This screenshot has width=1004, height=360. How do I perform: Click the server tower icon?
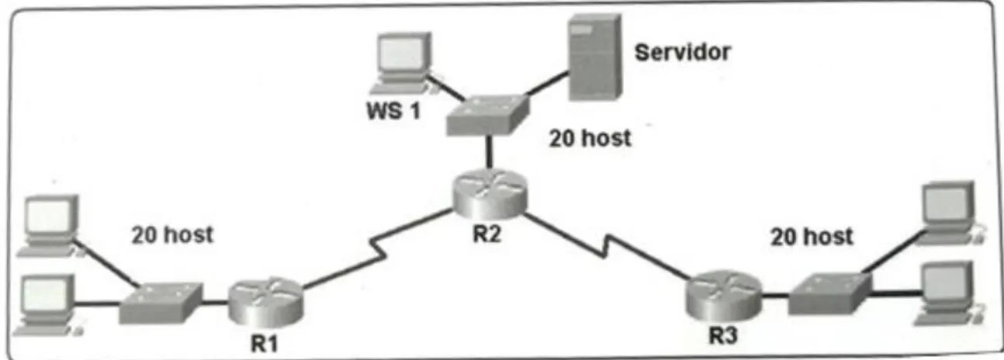pos(595,57)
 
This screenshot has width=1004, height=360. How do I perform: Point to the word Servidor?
pos(682,53)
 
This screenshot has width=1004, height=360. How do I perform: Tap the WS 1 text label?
pos(394,111)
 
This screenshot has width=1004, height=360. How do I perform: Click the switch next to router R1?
pos(161,303)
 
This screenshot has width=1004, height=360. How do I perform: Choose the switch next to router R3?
pos(830,293)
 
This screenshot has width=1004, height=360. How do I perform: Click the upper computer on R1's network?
pos(50,226)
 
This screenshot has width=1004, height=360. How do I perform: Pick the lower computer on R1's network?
pos(47,305)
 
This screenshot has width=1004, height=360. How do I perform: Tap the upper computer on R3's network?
pos(950,213)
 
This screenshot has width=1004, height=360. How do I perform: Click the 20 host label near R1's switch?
pos(172,234)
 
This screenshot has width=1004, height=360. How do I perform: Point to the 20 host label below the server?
pos(590,138)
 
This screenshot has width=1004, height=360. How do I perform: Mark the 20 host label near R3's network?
pos(812,237)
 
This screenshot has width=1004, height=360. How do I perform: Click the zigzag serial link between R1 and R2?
pos(377,249)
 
